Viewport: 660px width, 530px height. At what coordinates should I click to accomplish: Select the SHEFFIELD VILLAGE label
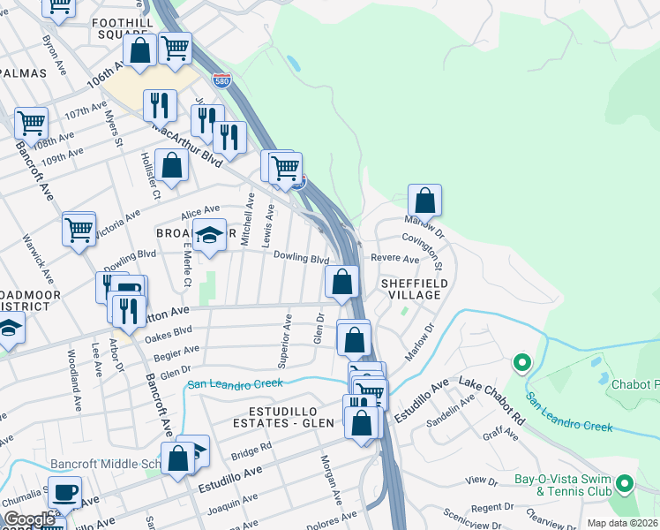tap(414, 290)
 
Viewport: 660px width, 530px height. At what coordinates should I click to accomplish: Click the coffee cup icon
tap(64, 492)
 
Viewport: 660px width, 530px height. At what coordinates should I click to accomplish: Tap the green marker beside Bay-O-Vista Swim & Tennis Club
tap(625, 483)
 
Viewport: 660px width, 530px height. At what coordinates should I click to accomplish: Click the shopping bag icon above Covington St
tap(425, 201)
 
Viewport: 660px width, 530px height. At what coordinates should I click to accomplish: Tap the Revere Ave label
tap(394, 260)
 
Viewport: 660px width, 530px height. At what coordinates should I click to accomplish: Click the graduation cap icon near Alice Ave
tap(209, 235)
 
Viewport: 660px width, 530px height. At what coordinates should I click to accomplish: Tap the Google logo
tap(29, 519)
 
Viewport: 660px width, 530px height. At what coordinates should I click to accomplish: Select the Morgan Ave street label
tap(330, 480)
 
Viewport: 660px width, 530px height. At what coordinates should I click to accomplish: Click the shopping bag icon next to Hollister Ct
tap(172, 164)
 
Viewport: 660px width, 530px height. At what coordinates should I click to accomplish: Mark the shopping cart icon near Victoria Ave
tap(79, 229)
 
